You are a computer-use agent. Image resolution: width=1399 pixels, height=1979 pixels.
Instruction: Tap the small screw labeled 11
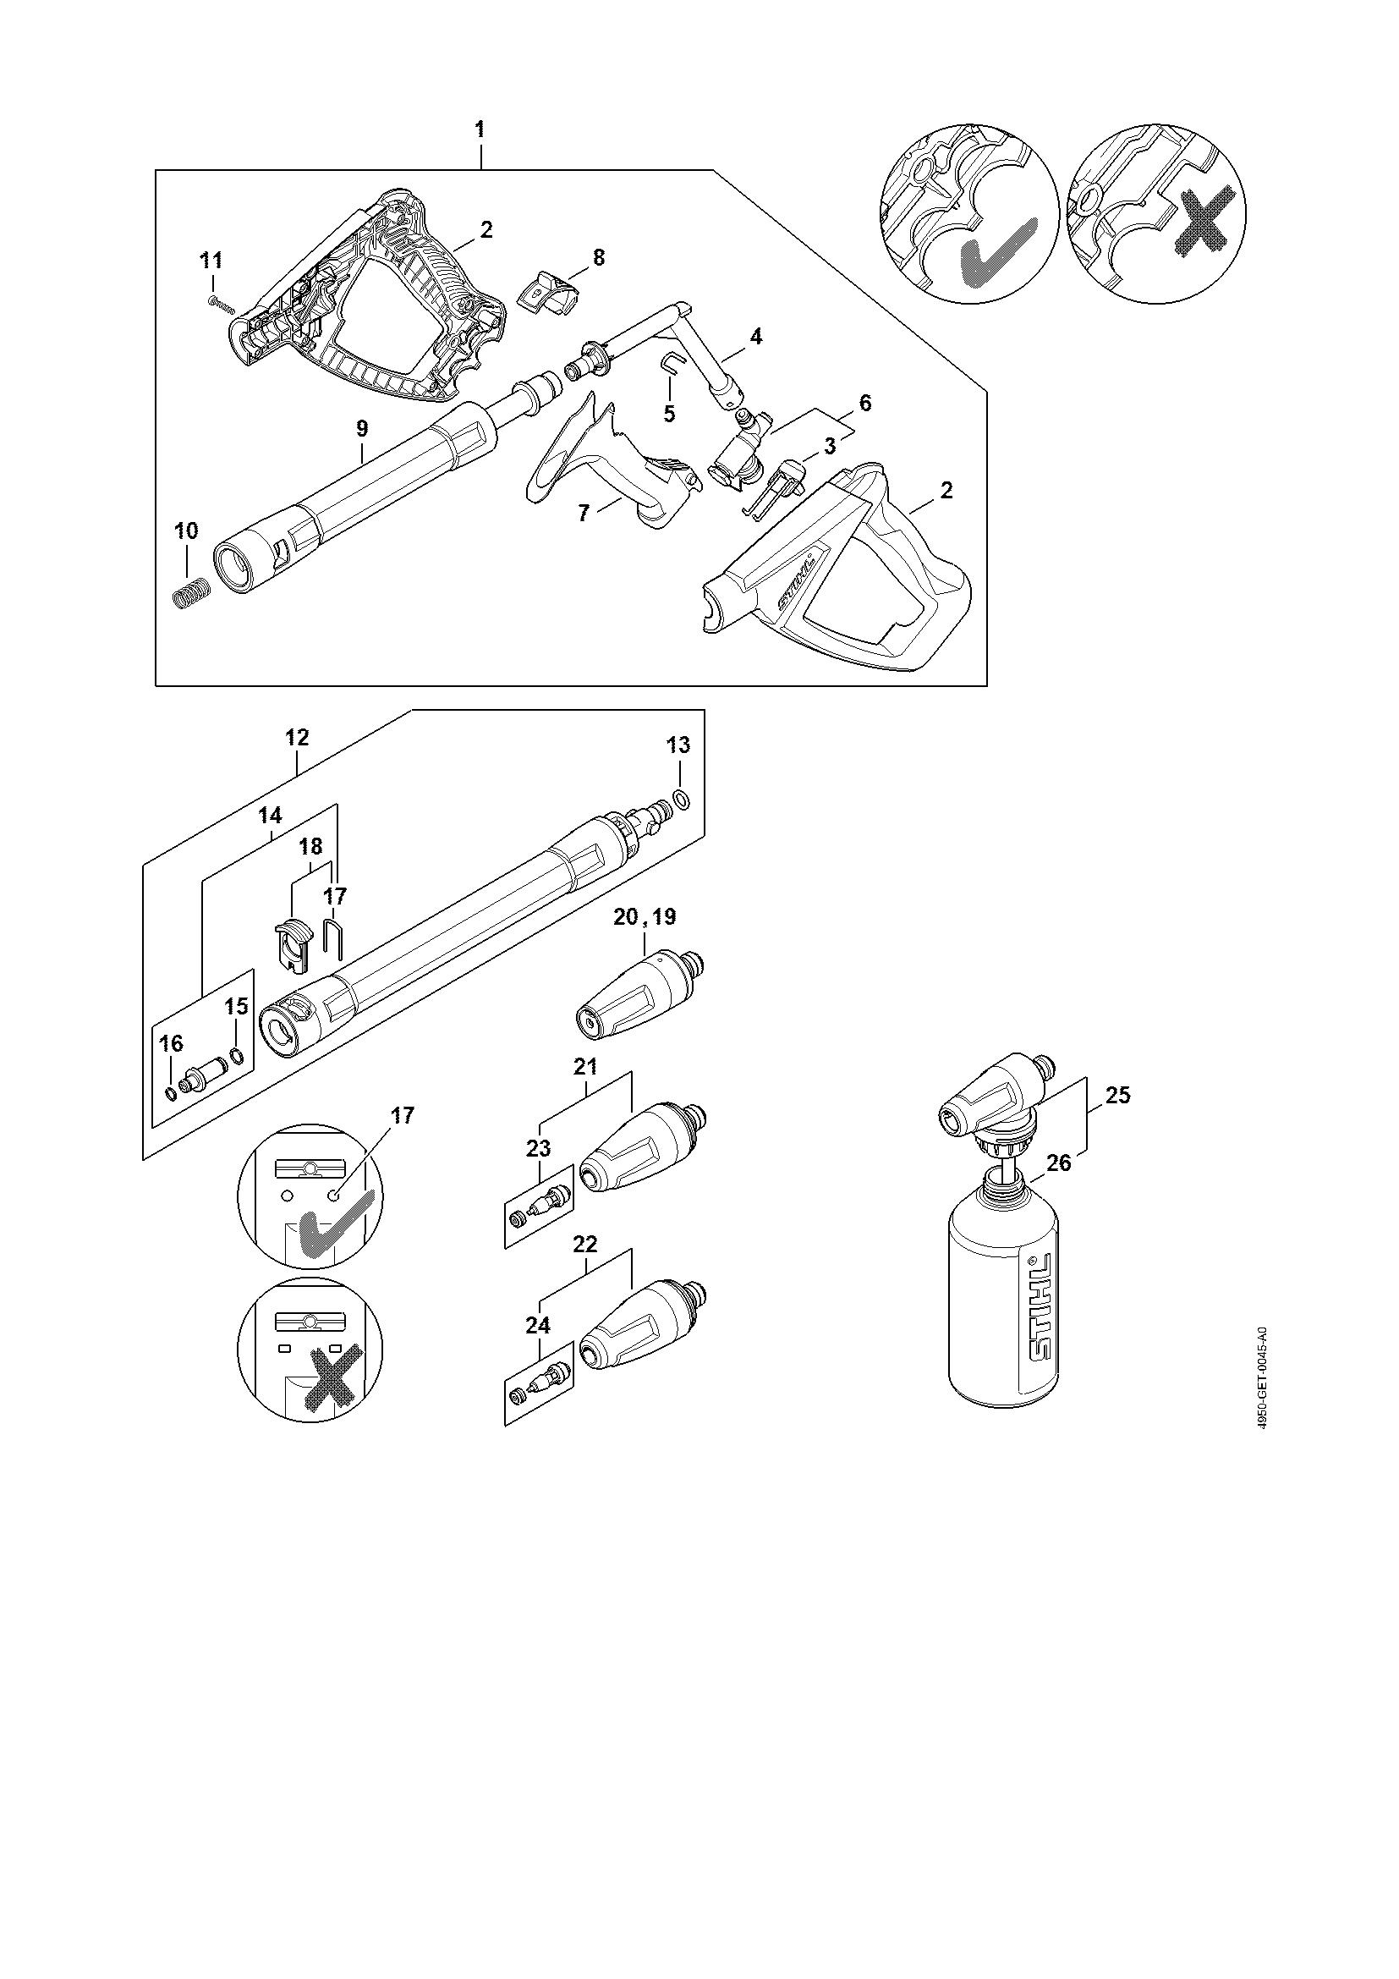pos(221,303)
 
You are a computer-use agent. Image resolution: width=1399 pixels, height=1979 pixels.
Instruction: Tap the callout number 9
pos(362,428)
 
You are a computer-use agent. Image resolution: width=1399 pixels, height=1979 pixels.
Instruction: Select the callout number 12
pos(298,738)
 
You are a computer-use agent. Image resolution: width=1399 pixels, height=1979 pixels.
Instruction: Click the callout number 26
pos(1059,1163)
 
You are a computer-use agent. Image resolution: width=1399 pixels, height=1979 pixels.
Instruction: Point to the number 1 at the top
pos(480,130)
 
